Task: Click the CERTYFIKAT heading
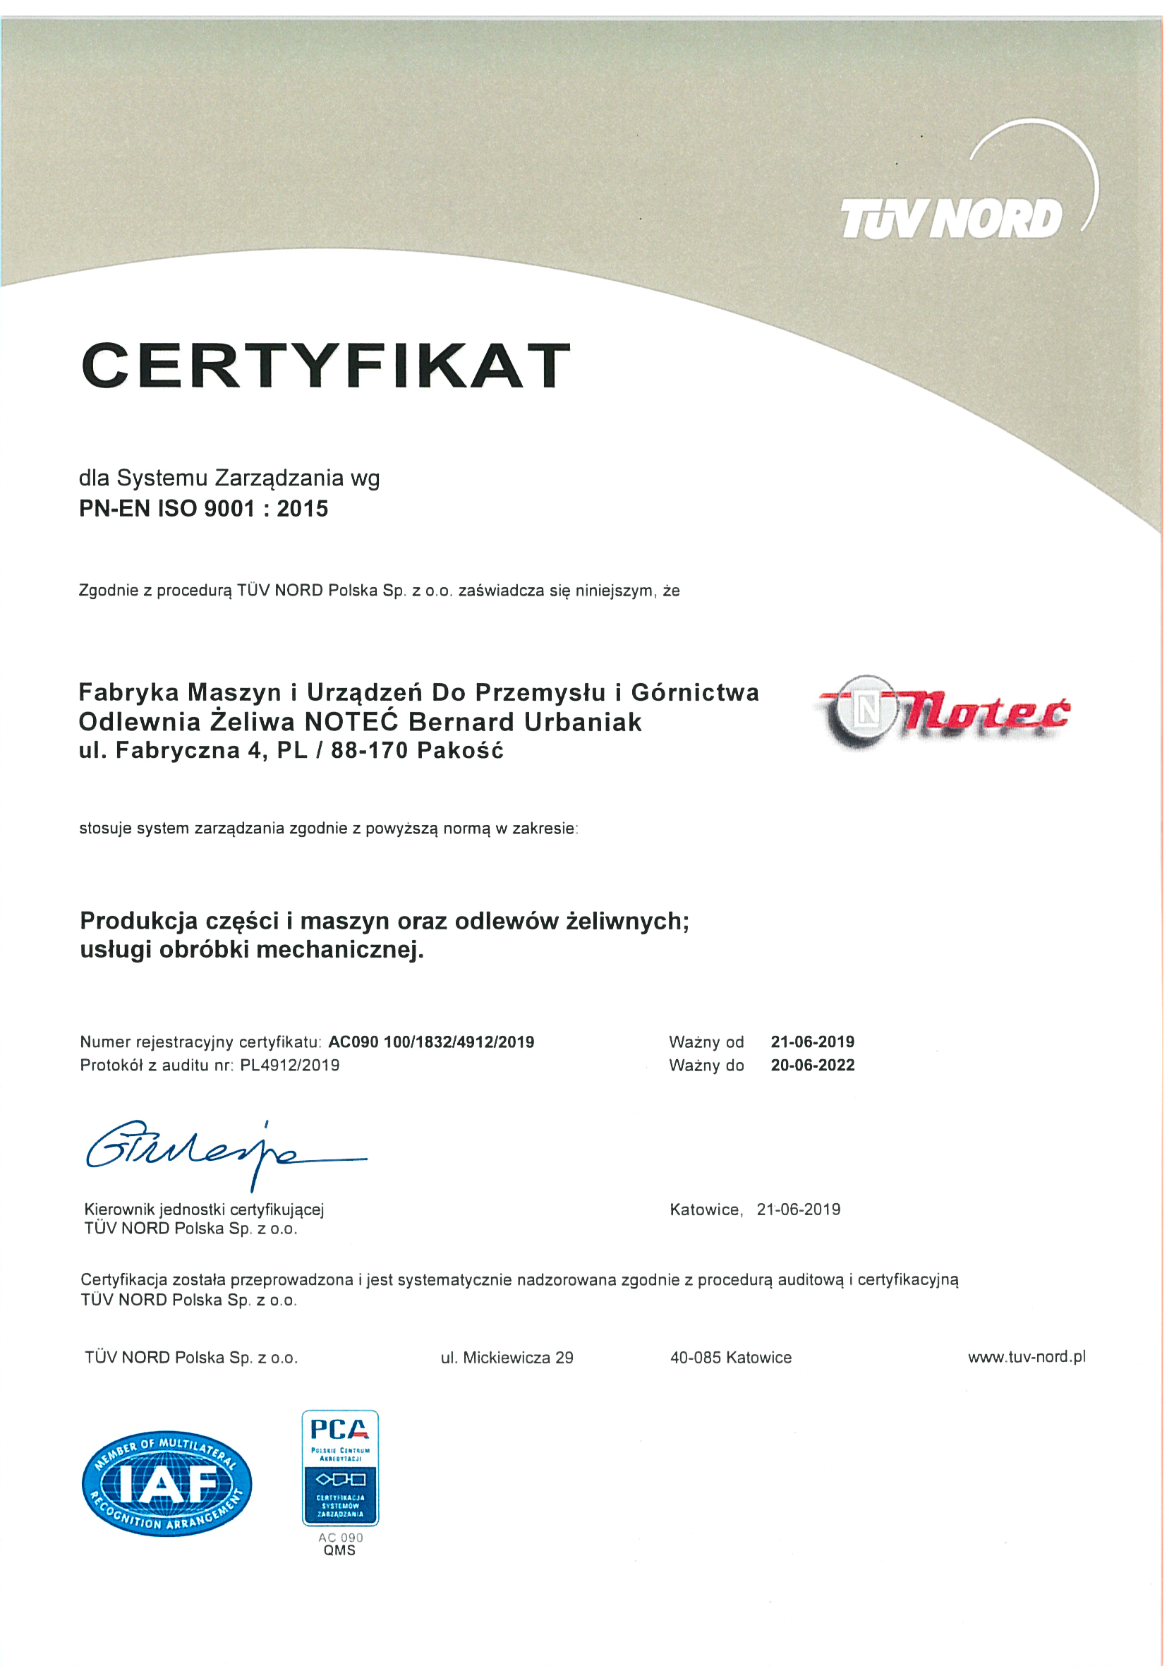click(x=326, y=365)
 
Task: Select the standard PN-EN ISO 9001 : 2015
click(x=204, y=508)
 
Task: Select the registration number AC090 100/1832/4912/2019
click(x=432, y=1042)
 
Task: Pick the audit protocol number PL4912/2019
click(x=290, y=1065)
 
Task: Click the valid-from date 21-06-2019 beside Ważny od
click(x=812, y=1042)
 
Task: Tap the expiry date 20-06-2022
click(x=812, y=1065)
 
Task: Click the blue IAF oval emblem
click(x=167, y=1484)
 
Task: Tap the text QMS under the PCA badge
click(x=340, y=1551)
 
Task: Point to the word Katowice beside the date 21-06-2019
click(x=705, y=1209)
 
